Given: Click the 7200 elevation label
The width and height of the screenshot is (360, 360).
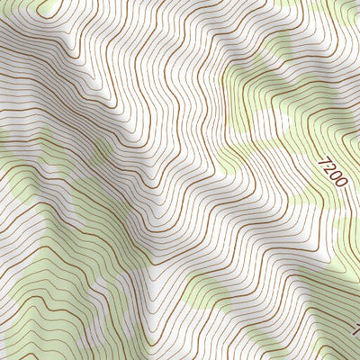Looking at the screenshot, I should click(332, 172).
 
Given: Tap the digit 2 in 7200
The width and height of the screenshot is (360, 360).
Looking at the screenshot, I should click(329, 167).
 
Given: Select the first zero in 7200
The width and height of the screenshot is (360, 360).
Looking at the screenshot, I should click(334, 175).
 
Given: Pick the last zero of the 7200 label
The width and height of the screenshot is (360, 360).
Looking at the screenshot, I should click(338, 184).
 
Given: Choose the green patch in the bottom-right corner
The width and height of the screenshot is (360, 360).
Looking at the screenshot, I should click(337, 346).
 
